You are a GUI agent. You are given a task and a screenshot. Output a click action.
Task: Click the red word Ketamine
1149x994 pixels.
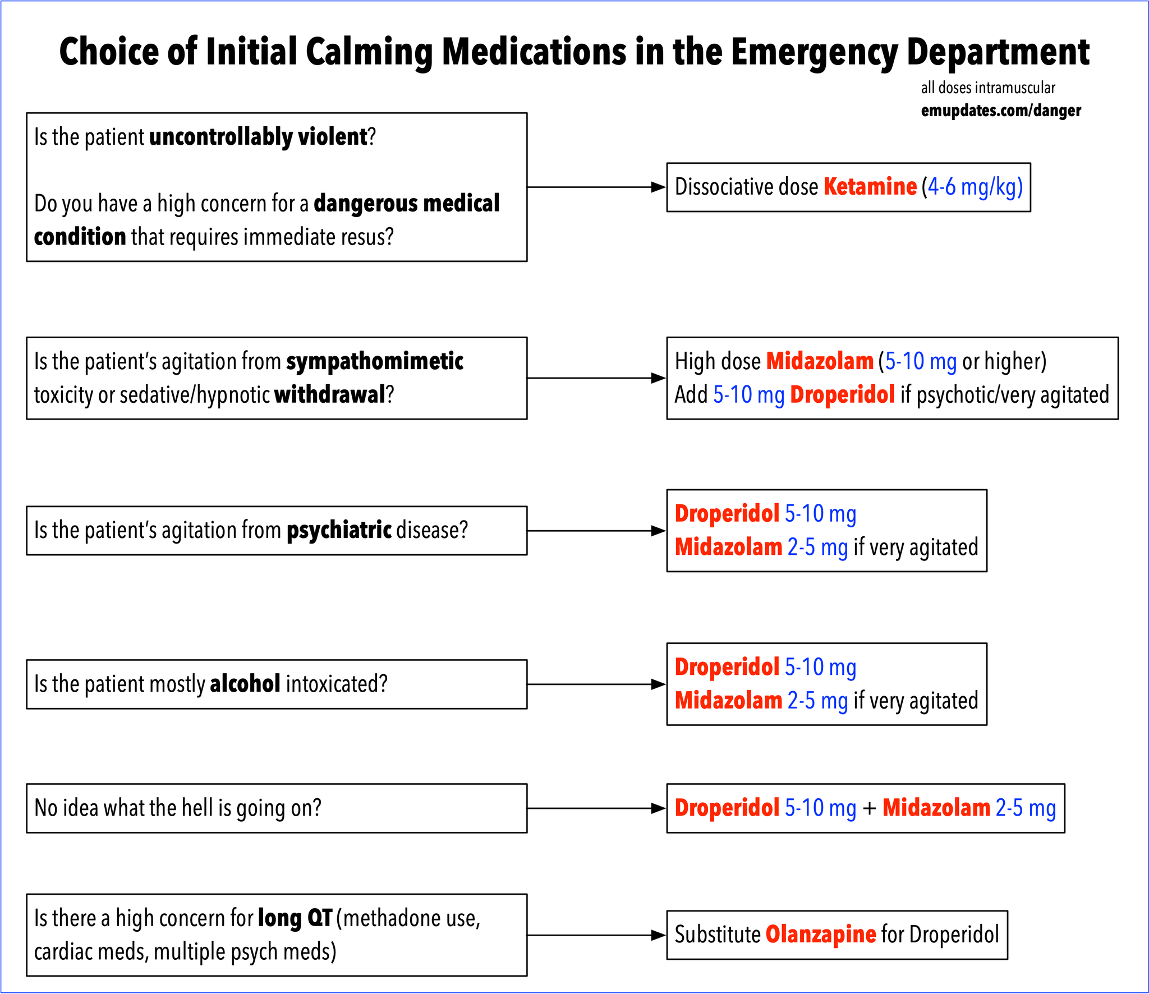(x=870, y=187)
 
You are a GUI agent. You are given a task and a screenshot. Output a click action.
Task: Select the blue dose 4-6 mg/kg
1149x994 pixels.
(x=975, y=187)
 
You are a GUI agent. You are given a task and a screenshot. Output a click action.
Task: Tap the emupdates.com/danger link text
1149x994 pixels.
(x=1001, y=111)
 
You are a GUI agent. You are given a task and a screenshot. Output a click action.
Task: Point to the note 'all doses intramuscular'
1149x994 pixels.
(x=988, y=88)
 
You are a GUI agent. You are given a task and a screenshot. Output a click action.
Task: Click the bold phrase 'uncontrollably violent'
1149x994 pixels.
(x=258, y=137)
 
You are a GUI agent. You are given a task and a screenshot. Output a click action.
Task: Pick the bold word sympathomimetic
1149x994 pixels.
(x=375, y=362)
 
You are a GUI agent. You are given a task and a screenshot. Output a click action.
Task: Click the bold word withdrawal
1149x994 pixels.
(x=330, y=394)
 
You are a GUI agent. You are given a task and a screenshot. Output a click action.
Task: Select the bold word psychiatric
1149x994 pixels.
(x=339, y=530)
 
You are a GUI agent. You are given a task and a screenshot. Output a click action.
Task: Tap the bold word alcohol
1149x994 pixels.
(x=245, y=684)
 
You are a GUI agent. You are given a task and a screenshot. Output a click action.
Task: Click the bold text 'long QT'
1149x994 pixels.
(x=295, y=918)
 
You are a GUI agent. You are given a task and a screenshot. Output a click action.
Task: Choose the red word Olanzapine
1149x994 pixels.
(x=821, y=935)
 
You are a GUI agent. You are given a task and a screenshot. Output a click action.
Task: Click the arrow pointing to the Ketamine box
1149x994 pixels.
(x=596, y=187)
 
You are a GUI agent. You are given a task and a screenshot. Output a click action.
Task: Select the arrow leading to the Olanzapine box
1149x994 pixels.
(x=596, y=935)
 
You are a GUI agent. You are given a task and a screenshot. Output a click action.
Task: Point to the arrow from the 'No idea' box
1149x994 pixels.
(x=596, y=808)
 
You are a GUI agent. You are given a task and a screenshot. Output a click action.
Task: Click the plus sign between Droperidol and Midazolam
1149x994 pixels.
(x=869, y=809)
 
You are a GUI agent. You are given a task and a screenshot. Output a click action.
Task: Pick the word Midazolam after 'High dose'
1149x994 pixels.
(x=820, y=361)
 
